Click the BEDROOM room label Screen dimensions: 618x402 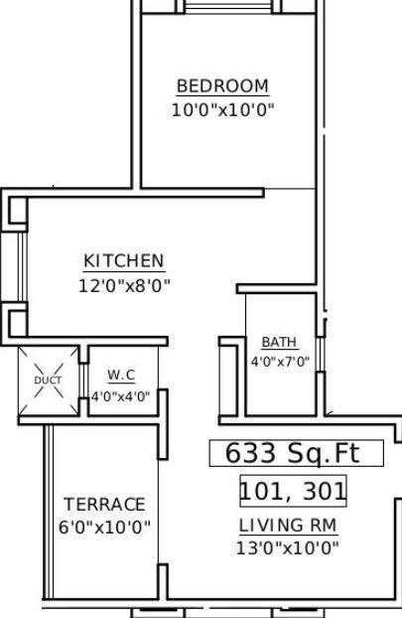click(x=222, y=86)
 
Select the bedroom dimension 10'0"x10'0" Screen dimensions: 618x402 click(x=222, y=109)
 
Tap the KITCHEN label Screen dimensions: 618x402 click(x=124, y=261)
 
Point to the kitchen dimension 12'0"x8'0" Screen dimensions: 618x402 click(x=124, y=285)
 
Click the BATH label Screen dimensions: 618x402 click(x=279, y=343)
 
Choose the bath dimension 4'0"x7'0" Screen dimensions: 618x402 click(x=279, y=362)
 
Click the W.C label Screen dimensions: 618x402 click(x=121, y=375)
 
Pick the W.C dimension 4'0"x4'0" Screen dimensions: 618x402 click(x=121, y=395)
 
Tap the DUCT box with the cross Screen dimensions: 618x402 click(x=48, y=381)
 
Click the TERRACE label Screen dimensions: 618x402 click(x=104, y=505)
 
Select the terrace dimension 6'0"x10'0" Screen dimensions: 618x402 click(x=104, y=528)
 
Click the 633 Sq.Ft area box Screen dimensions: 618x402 click(x=296, y=454)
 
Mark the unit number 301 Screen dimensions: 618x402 click(x=324, y=491)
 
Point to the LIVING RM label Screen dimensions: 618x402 click(x=288, y=526)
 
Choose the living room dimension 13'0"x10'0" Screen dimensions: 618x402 click(x=288, y=547)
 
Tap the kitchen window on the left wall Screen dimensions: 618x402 click(x=17, y=267)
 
